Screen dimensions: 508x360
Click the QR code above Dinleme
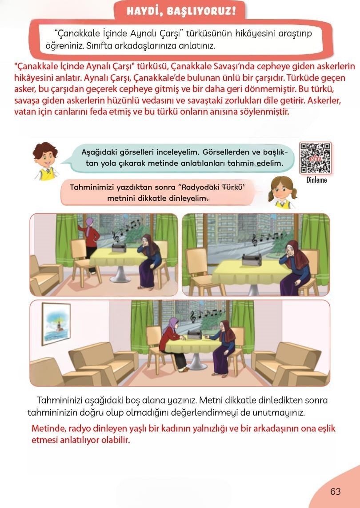click(x=315, y=158)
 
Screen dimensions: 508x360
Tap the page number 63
click(x=335, y=492)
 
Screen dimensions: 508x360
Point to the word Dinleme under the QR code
click(x=316, y=180)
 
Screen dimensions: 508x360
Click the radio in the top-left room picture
click(x=120, y=247)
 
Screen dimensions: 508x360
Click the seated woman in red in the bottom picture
click(x=172, y=342)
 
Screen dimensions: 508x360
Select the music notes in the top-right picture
click(x=267, y=238)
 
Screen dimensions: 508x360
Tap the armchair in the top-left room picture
click(x=44, y=272)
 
